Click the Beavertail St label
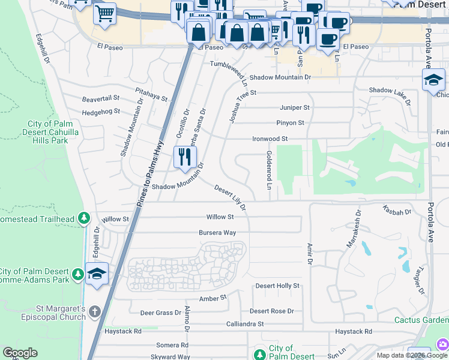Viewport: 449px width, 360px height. click(101, 98)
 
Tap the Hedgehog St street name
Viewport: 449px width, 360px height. click(101, 112)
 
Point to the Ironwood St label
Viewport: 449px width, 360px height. click(266, 139)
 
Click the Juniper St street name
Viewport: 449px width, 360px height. click(294, 107)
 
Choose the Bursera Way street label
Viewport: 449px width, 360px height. click(217, 233)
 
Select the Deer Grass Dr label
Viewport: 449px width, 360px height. click(160, 313)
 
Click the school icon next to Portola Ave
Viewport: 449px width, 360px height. click(433, 80)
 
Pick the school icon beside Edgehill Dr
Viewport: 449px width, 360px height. click(97, 273)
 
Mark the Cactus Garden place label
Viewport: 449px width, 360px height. click(421, 320)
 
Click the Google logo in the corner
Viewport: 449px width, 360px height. click(20, 353)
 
